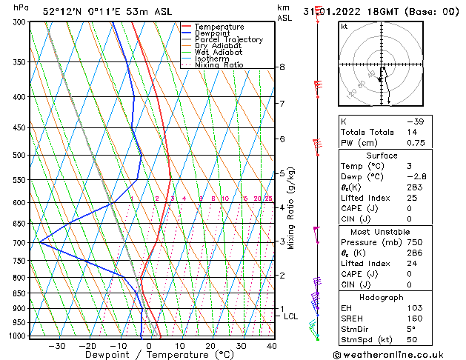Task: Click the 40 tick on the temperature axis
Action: point(271,346)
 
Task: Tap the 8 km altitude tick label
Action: point(282,67)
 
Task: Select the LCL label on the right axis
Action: point(291,316)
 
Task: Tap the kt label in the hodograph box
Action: point(344,27)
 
